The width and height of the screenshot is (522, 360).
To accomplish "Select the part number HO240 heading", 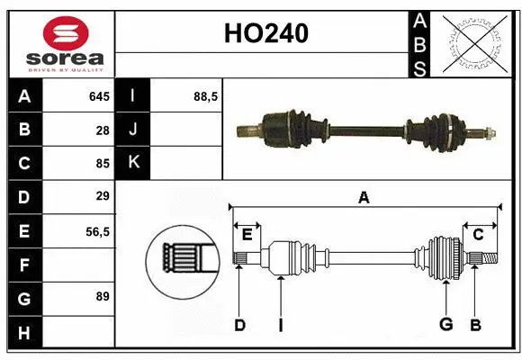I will pyautogui.click(x=265, y=34).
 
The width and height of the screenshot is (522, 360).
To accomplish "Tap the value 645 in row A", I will pyautogui.click(x=98, y=96).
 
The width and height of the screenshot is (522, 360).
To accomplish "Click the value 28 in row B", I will pyautogui.click(x=103, y=130).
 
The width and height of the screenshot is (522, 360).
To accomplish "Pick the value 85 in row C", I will pyautogui.click(x=103, y=163).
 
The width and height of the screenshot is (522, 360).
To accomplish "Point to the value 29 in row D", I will pyautogui.click(x=103, y=196).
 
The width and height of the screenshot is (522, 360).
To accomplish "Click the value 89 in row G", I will pyautogui.click(x=103, y=296).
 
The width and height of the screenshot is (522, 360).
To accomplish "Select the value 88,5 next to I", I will pyautogui.click(x=206, y=96).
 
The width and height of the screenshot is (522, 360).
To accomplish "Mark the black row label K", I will pyautogui.click(x=134, y=163).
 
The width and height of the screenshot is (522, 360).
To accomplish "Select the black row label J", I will pyautogui.click(x=134, y=130).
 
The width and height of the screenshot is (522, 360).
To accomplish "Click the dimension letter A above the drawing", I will pyautogui.click(x=364, y=196).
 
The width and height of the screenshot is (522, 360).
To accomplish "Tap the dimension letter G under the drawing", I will pyautogui.click(x=445, y=325).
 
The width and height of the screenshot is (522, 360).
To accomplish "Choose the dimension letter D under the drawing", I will pyautogui.click(x=239, y=325).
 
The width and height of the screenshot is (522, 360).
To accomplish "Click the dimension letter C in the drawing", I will pyautogui.click(x=478, y=235).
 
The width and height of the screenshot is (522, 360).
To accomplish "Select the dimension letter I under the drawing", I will pyautogui.click(x=280, y=325).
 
